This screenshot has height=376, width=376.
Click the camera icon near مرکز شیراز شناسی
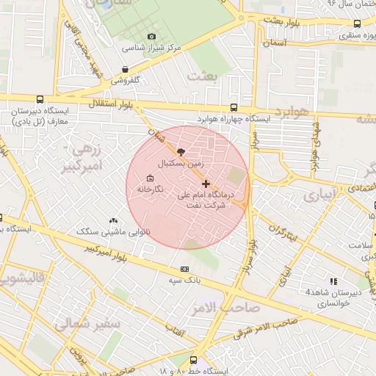[152, 37]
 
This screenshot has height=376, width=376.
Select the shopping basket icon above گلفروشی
[126, 70]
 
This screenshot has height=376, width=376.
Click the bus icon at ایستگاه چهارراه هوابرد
[234, 107]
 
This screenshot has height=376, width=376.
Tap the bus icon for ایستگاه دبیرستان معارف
[39, 99]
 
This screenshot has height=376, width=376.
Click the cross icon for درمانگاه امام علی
[206, 184]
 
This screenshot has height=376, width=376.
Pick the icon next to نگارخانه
[150, 178]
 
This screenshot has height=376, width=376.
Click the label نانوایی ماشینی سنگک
[115, 232]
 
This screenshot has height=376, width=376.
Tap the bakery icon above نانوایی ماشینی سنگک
[113, 220]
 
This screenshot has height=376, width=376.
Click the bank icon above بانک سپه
[184, 268]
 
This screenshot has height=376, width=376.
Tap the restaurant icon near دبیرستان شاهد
[333, 281]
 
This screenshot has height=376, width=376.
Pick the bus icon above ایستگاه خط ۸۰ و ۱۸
[193, 361]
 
